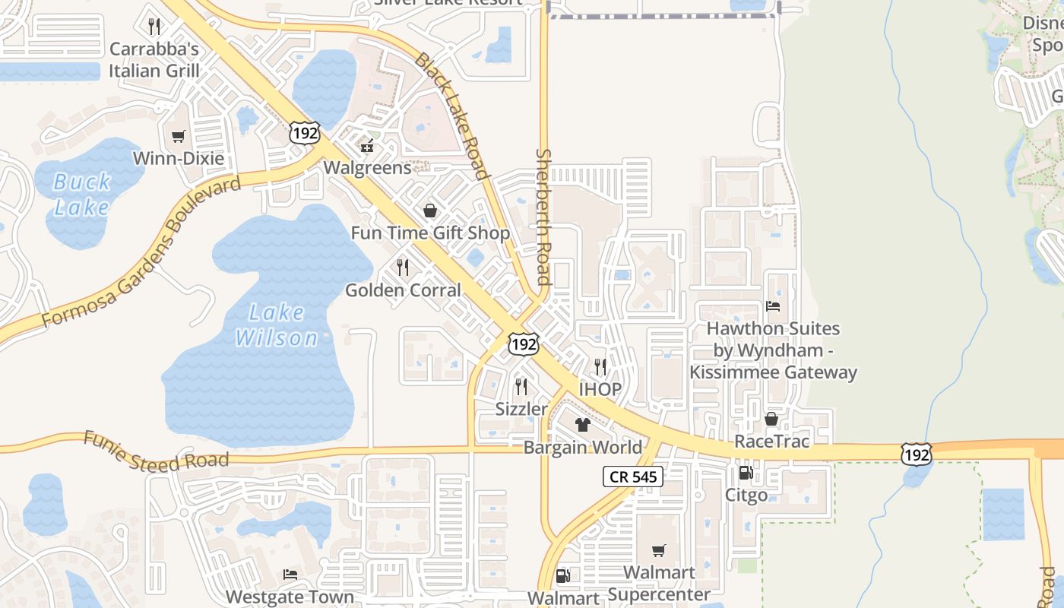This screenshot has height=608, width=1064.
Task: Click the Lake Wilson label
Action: coord(276,325)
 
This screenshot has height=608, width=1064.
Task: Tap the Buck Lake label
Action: coord(82,194)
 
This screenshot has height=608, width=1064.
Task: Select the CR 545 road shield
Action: coord(633,477)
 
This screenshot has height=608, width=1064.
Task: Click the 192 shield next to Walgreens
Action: coord(304,133)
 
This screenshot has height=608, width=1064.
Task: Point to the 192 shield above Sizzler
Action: coord(524,344)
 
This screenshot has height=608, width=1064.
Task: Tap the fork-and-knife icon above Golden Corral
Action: coord(403,267)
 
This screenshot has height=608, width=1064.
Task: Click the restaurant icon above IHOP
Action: coord(600,367)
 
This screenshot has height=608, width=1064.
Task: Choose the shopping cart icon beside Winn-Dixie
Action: coord(179,137)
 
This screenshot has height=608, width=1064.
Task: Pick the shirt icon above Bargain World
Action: coord(583,424)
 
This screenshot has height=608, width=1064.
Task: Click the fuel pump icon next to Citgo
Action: coord(746,473)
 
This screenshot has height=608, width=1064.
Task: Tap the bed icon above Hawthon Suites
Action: coord(773,306)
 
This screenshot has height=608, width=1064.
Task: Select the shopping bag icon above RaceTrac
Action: coord(771,419)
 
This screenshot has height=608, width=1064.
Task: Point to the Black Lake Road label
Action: coord(451,116)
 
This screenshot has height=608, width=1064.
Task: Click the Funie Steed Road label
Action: coord(156,451)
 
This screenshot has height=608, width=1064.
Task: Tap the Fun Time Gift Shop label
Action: coord(430,233)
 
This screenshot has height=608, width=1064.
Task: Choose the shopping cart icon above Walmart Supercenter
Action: coord(658,550)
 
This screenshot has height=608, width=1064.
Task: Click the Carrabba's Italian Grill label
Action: coord(154,60)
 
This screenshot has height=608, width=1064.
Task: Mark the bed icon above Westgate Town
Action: coord(290,574)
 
